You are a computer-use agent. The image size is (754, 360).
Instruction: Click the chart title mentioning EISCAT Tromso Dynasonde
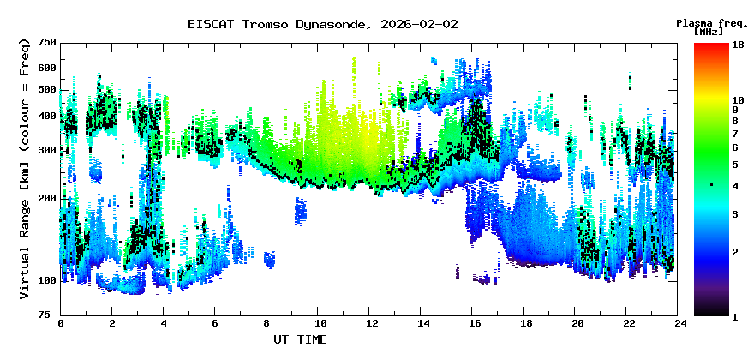point(322,24)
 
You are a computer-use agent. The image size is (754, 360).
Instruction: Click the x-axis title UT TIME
point(300,339)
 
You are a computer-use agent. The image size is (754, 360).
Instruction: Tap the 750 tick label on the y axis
point(47,43)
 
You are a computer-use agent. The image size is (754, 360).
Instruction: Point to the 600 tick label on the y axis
point(47,69)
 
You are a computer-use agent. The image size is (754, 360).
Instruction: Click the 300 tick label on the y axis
point(47,150)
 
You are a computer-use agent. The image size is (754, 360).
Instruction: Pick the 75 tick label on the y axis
point(50,315)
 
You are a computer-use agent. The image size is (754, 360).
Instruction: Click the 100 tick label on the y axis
point(47,280)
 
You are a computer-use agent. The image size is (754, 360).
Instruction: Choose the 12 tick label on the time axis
point(370,323)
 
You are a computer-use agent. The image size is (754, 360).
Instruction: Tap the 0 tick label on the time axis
point(61,323)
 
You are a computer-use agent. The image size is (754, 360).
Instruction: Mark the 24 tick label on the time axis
point(679,323)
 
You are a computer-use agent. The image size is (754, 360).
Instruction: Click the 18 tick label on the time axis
point(525,323)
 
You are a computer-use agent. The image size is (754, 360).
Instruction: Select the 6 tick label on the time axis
point(215,323)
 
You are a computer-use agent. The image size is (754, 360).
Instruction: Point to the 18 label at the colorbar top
point(738,44)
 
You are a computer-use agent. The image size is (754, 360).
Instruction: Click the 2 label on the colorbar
point(735,251)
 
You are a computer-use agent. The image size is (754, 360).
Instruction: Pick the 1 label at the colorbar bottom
point(735,316)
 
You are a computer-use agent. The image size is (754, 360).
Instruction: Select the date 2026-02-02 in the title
point(419,24)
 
